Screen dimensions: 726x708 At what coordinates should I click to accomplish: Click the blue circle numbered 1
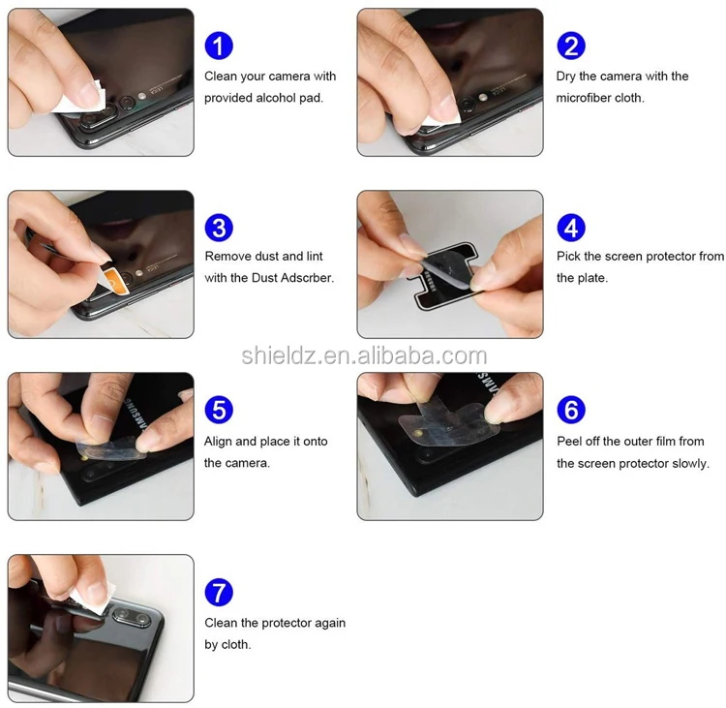(219, 46)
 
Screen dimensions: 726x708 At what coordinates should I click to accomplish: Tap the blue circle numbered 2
(571, 46)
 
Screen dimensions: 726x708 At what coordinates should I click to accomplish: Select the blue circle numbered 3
(219, 228)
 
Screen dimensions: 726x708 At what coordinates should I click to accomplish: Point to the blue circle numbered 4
(571, 228)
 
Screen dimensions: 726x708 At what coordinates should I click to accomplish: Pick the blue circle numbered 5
(219, 410)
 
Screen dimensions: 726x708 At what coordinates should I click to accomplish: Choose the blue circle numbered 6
(571, 410)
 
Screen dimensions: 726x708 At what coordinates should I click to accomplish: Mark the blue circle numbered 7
(219, 592)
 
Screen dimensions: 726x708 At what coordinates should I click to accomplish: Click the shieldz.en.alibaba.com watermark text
(364, 355)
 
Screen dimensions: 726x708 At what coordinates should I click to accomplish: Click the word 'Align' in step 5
(218, 442)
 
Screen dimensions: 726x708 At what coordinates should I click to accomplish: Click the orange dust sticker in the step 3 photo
(115, 281)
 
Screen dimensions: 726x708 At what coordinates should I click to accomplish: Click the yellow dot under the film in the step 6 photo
(418, 434)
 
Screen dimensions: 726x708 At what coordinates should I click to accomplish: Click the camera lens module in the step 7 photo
(132, 617)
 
